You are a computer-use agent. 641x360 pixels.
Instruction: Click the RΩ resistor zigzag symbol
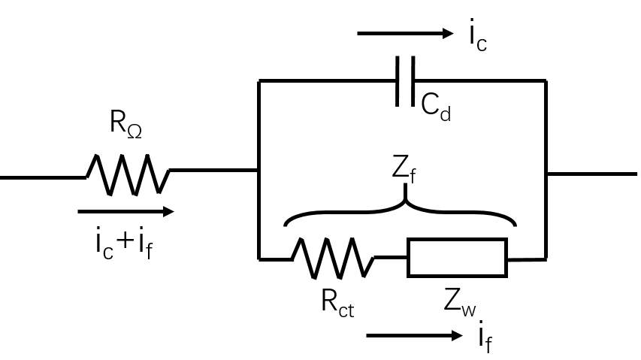pos(128,174)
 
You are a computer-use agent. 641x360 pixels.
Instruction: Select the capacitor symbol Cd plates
pos(405,81)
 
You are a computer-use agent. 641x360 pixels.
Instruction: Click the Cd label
pos(436,107)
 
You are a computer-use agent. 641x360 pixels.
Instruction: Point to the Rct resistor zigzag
pos(333,259)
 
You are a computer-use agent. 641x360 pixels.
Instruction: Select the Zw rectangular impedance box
pos(457,258)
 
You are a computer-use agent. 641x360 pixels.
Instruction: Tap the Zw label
pos(459,303)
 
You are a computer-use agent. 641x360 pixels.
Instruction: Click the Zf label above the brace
pos(404,170)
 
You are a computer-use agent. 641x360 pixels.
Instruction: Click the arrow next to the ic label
pos(405,34)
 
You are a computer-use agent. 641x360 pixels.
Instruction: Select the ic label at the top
pos(478,35)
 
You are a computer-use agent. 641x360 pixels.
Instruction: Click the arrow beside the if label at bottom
pos(415,335)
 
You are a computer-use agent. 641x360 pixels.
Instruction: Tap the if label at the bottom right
pos(485,337)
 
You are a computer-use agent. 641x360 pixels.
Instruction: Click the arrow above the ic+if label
pos(126,211)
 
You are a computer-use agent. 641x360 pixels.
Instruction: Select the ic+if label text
pos(124,244)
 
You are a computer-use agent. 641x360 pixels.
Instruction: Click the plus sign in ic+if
pos(125,241)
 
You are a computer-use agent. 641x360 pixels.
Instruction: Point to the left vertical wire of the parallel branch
pos(259,170)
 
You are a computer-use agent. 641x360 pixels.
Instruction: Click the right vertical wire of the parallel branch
pos(546,170)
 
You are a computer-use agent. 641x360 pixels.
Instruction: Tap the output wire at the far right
pos(592,174)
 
